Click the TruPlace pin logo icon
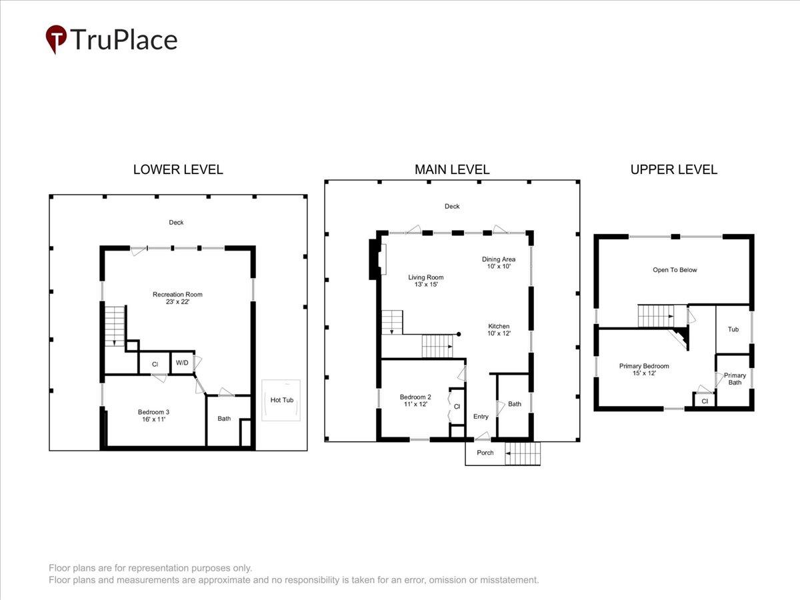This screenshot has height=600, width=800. (56, 39)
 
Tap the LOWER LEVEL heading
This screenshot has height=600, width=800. (178, 170)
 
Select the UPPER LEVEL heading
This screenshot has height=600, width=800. (674, 170)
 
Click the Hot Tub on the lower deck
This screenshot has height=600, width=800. (281, 401)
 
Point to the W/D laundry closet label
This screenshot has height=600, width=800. (182, 363)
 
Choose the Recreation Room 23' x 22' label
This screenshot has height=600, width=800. (177, 298)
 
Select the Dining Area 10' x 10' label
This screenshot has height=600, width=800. (499, 263)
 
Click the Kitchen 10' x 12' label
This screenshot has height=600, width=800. (499, 330)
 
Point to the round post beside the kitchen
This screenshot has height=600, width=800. (459, 334)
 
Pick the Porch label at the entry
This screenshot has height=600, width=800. (485, 453)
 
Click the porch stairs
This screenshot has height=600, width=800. (522, 453)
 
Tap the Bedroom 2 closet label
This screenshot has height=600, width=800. (457, 406)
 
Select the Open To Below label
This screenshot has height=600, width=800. (675, 270)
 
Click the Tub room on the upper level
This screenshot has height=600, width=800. (733, 329)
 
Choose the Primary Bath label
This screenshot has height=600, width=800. (735, 379)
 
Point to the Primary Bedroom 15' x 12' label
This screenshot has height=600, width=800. (644, 369)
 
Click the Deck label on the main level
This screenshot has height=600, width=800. (452, 206)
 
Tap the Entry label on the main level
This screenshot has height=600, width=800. (481, 417)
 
